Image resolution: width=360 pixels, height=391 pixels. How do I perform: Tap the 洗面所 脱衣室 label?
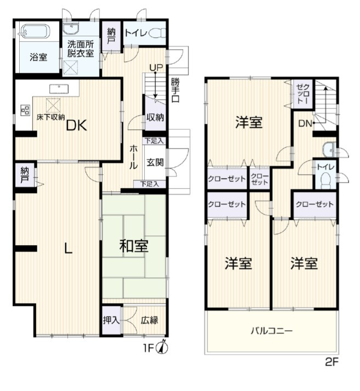(x=80, y=48)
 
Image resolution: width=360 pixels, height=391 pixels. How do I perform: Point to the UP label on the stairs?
(x=156, y=67)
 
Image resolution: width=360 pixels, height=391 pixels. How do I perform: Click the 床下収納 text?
(x=51, y=117)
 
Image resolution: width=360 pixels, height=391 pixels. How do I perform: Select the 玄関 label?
(x=154, y=162)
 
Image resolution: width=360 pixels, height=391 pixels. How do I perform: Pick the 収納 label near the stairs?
(x=154, y=117)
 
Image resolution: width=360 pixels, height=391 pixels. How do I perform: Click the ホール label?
(x=134, y=157)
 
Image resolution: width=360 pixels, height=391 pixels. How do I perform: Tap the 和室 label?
(x=134, y=246)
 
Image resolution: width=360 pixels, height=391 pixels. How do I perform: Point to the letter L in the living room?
(x=68, y=248)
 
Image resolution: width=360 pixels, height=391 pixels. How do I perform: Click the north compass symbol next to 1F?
(x=163, y=347)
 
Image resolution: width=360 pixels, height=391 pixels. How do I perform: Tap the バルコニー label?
(x=272, y=331)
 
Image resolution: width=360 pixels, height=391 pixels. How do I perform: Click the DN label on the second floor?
(x=305, y=124)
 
